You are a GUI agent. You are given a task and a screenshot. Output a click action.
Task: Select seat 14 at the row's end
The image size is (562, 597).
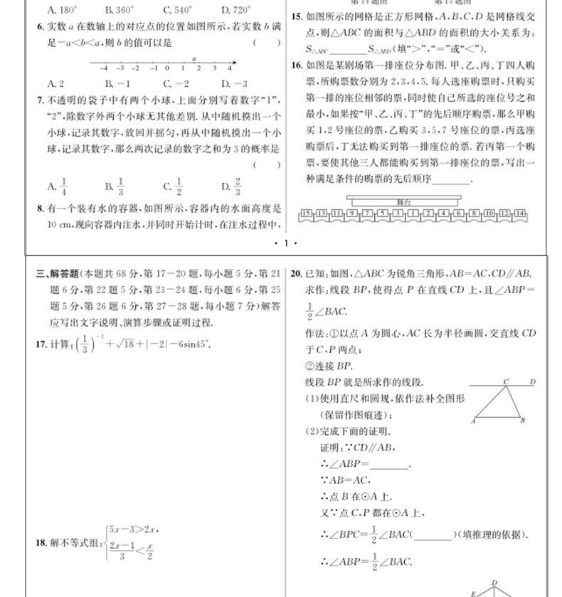[x=520, y=213]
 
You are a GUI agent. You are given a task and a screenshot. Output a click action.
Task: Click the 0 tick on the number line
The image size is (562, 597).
[x=167, y=68]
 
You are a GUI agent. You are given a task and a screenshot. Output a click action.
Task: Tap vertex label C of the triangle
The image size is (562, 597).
[x=506, y=382]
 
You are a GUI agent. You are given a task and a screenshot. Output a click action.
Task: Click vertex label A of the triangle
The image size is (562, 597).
[x=473, y=421]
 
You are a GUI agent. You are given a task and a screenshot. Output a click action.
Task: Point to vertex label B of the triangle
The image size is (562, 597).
[x=522, y=421]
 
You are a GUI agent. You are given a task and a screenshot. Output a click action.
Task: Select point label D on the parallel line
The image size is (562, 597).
[x=531, y=382]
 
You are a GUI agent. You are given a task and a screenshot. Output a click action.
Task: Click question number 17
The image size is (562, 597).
[x=41, y=344]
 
